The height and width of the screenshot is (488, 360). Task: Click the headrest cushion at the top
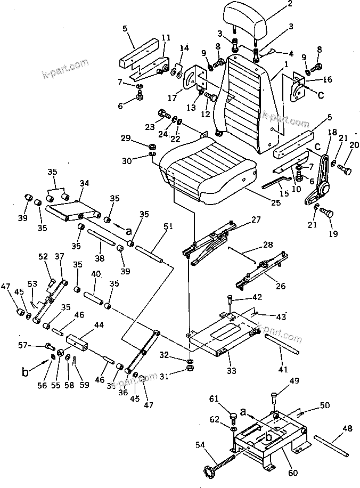(244, 21)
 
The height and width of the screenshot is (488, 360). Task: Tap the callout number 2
(290, 4)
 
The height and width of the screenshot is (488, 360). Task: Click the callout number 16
(327, 79)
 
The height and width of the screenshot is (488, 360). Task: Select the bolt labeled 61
(233, 417)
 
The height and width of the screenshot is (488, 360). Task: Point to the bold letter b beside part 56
(25, 372)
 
